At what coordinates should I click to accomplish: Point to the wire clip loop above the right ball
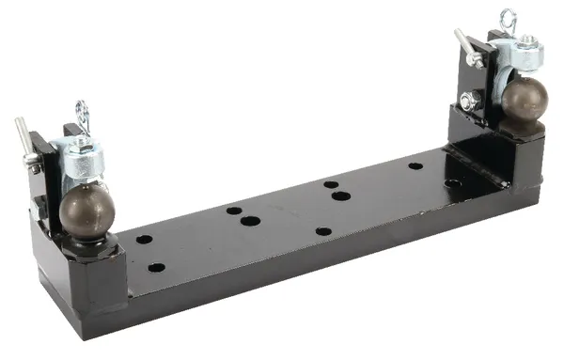coord(509,21)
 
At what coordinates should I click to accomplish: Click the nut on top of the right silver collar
coord(527,42)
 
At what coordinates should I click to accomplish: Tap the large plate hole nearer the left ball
coord(250,221)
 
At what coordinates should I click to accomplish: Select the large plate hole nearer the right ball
coord(341,196)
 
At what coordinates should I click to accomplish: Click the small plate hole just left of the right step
coord(415,166)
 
